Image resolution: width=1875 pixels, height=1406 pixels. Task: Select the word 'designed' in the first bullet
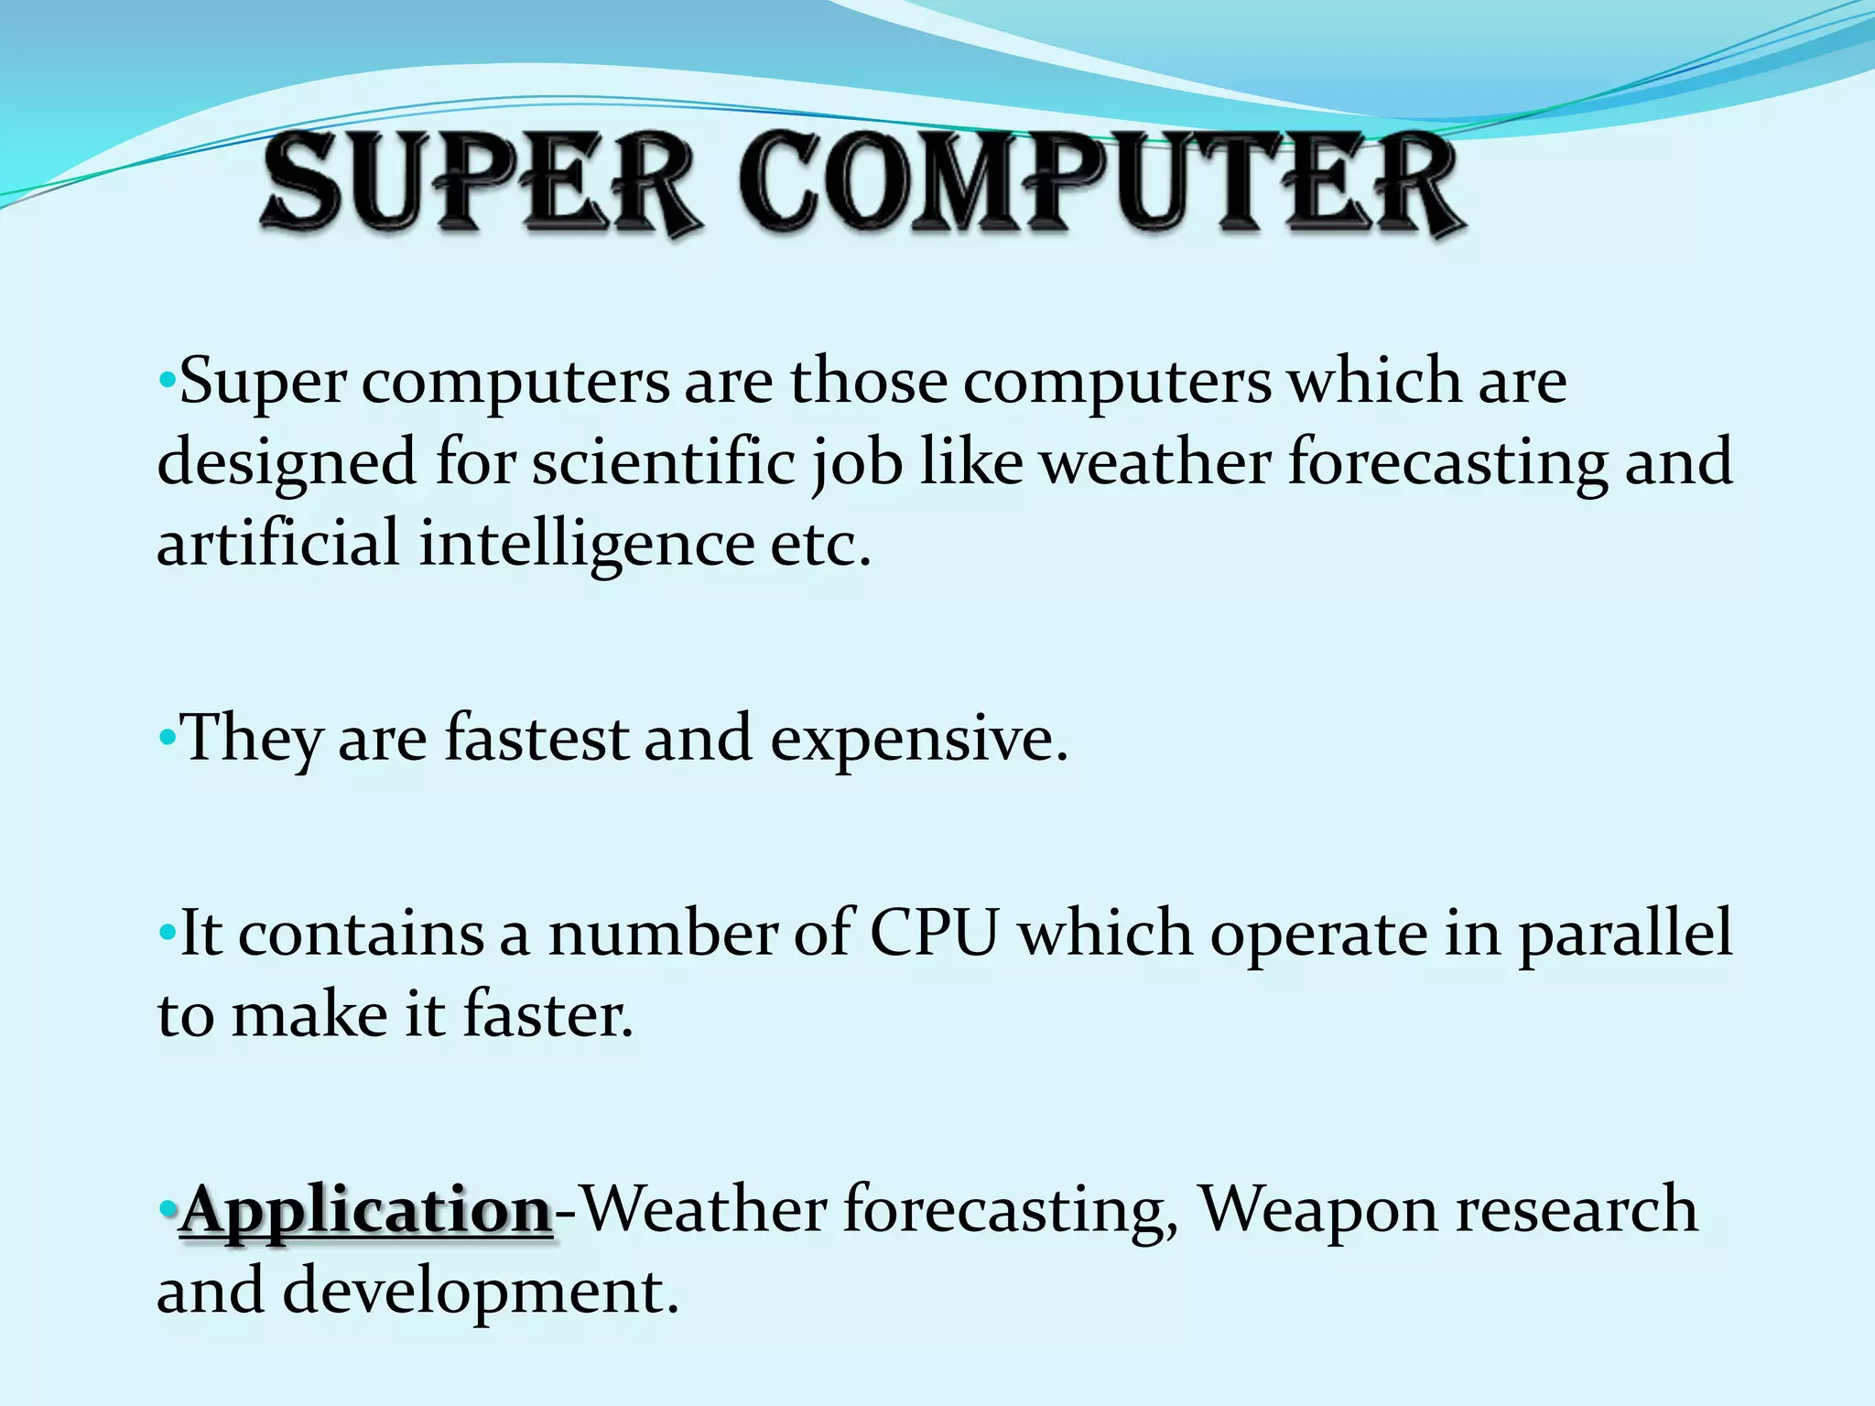pyautogui.click(x=287, y=462)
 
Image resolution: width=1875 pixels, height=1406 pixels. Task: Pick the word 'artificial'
pyautogui.click(x=277, y=542)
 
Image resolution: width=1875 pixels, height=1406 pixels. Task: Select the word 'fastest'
pyautogui.click(x=536, y=738)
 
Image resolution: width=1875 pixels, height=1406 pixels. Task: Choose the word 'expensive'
pyautogui.click(x=918, y=740)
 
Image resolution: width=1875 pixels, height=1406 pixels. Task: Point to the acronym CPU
pyautogui.click(x=933, y=934)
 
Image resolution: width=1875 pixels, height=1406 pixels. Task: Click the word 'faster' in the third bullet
pyautogui.click(x=547, y=1015)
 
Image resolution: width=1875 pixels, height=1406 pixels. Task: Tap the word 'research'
pyautogui.click(x=1576, y=1209)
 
